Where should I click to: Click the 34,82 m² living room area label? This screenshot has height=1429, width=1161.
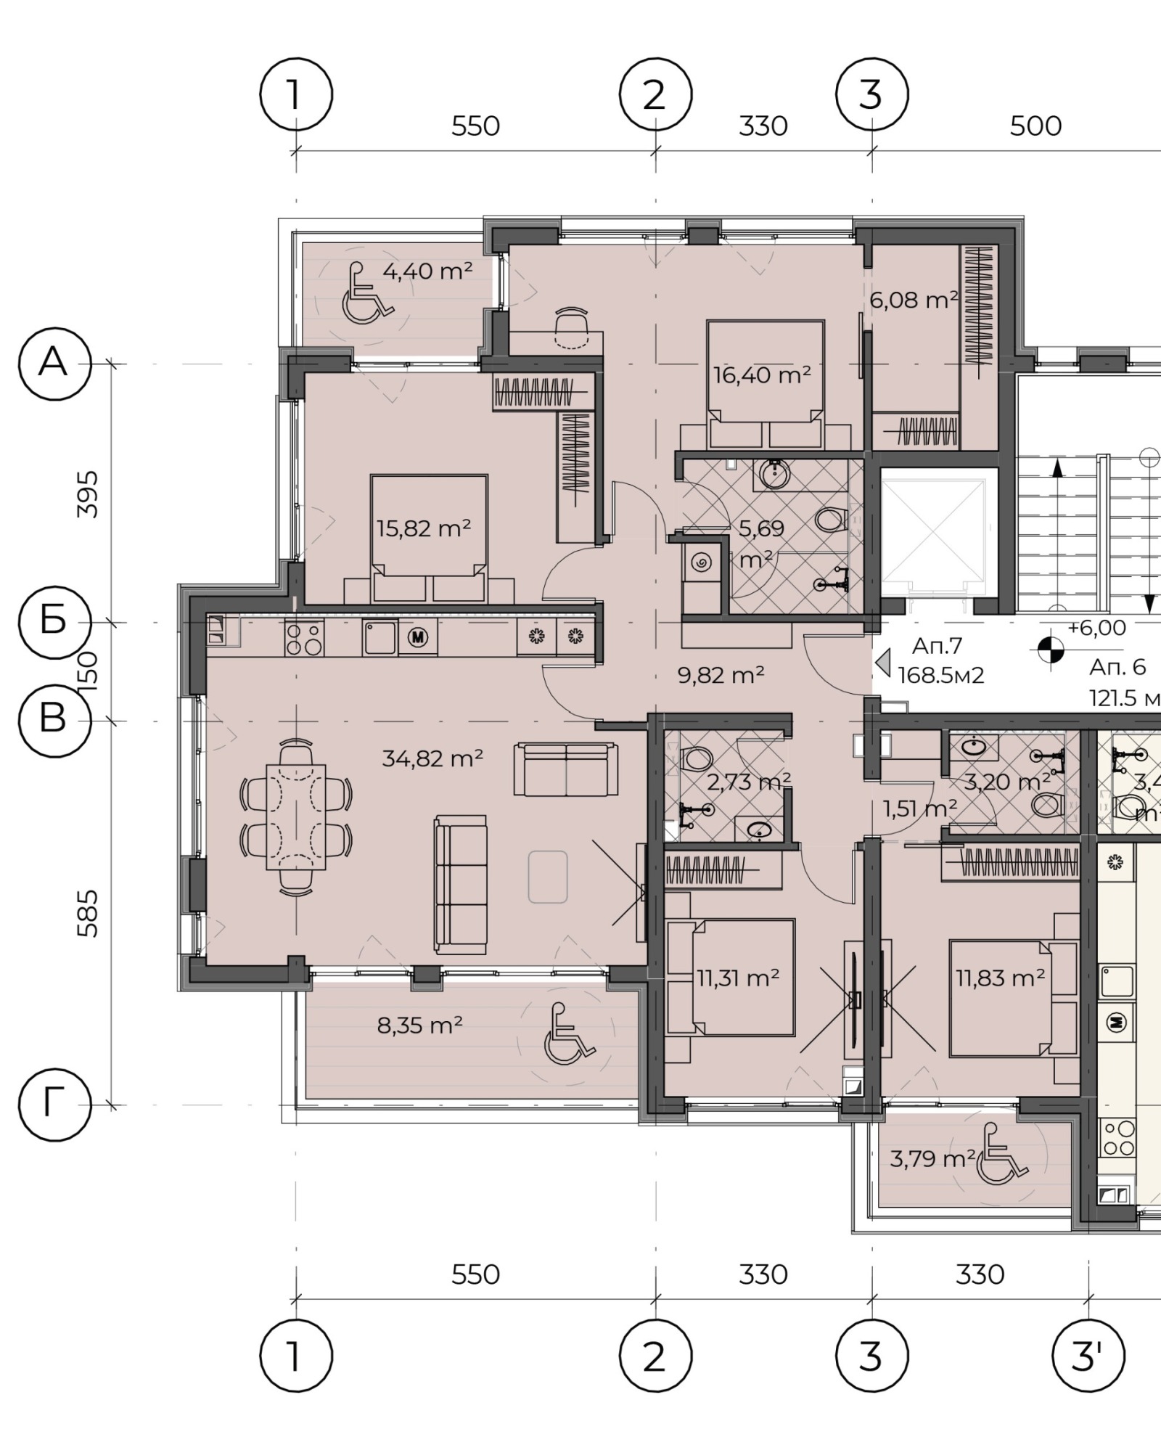pos(432,758)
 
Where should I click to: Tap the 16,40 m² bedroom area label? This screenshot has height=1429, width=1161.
pos(762,375)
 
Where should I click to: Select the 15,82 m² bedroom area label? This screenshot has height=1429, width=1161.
pos(424,528)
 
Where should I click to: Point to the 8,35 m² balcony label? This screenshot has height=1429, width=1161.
pos(420,1025)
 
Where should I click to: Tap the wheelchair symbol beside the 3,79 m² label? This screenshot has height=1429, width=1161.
pos(1001,1152)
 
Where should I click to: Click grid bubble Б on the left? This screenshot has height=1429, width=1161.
pos(54,622)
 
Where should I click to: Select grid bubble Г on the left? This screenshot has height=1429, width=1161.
pos(54,1105)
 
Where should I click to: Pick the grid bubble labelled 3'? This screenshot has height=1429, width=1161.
pos(1088,1356)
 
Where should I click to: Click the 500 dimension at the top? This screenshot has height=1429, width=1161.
pos(1035,126)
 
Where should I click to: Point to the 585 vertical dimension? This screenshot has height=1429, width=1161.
pos(88,914)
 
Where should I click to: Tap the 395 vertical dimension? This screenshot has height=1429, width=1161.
pos(88,494)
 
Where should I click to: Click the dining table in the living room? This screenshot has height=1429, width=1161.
pos(296,817)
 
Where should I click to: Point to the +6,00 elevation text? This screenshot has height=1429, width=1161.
pos(1096,628)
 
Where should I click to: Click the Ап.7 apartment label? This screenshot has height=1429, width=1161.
pos(937,646)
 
